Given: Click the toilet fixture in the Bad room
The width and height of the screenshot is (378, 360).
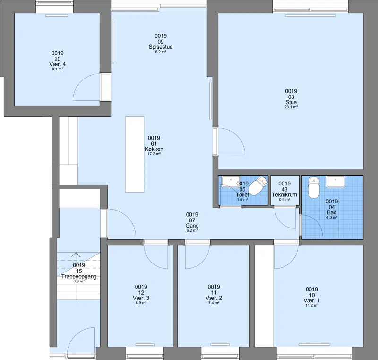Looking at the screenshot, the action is [314, 187].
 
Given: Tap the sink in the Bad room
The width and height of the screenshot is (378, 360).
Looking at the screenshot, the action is [335, 182].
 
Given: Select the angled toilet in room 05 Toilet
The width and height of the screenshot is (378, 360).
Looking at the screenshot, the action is [258, 185].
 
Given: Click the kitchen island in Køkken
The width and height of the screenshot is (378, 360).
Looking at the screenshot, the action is [135, 154].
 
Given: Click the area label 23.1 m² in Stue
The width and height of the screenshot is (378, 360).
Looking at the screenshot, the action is [291, 107].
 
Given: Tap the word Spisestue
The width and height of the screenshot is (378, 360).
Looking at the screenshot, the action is [161, 47].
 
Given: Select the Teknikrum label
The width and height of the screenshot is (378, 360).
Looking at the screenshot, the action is [284, 194].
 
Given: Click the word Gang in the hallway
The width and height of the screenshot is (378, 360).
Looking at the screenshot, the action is [192, 226].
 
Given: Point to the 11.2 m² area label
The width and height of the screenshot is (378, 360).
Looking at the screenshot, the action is [312, 305].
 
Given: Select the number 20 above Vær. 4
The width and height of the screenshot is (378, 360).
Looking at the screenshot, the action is [57, 59].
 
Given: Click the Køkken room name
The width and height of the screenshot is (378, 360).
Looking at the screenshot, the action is [154, 149].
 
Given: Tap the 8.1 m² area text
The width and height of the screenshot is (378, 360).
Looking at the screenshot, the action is [57, 69].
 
